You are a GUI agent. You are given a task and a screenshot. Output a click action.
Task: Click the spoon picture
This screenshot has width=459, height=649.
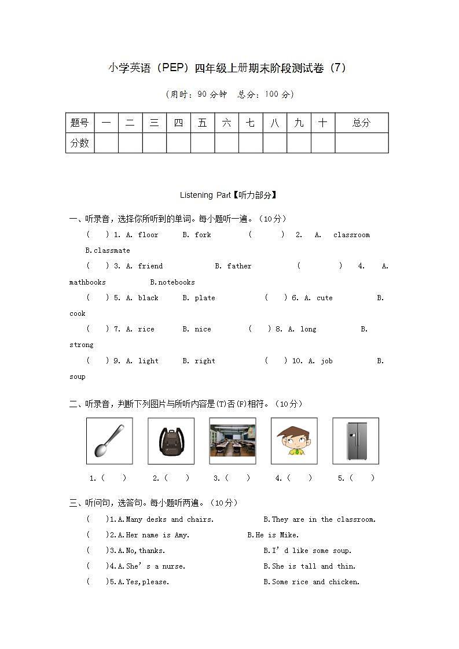109,441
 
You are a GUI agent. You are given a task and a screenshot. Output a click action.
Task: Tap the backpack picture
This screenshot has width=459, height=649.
171,441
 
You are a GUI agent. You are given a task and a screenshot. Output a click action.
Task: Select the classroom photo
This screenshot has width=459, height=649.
232,441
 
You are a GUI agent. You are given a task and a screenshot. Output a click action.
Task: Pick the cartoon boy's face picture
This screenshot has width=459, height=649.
294,441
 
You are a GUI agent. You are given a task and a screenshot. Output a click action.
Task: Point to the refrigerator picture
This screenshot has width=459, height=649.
355,441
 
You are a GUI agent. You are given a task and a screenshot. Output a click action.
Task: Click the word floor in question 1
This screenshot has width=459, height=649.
148,235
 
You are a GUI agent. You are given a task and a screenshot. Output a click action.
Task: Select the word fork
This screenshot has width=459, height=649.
203,235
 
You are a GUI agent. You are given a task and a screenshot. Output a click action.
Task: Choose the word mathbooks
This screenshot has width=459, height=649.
87,282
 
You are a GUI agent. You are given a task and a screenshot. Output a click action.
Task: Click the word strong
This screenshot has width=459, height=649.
82,345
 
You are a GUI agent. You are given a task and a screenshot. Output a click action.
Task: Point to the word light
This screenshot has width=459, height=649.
148,361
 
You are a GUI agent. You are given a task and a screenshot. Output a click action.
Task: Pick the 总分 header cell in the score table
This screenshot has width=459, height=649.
361,123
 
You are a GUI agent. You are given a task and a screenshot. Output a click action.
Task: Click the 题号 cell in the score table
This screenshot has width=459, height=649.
80,123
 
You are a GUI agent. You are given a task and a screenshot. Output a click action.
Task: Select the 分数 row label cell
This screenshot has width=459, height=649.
80,143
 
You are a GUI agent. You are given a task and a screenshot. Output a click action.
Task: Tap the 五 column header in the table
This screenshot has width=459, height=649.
202,123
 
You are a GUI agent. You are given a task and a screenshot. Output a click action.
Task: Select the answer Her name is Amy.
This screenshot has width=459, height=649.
157,535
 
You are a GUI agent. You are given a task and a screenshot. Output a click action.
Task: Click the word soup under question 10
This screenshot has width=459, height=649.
78,377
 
